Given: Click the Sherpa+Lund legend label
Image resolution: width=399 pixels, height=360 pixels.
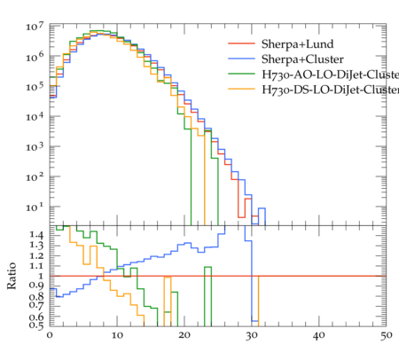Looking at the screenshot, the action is pyautogui.click(x=297, y=44).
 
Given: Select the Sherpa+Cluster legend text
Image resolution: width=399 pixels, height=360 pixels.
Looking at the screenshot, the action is pyautogui.click(x=302, y=59).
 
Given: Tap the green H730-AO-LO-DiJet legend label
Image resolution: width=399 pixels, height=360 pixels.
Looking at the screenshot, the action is pyautogui.click(x=330, y=74).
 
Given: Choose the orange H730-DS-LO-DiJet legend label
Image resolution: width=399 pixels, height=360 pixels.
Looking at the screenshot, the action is pyautogui.click(x=330, y=90).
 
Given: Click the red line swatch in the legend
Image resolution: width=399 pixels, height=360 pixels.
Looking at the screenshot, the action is pyautogui.click(x=241, y=43).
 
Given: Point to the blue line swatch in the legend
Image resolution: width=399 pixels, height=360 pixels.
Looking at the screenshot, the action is pyautogui.click(x=241, y=59).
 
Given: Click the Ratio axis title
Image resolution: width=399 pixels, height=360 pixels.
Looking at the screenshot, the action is pyautogui.click(x=12, y=276).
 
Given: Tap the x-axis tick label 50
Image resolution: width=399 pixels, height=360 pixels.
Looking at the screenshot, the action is pyautogui.click(x=386, y=336).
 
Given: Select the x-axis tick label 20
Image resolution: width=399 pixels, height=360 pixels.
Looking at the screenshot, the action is pyautogui.click(x=184, y=336).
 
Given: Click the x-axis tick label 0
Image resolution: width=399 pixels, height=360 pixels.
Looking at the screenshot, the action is pyautogui.click(x=50, y=336).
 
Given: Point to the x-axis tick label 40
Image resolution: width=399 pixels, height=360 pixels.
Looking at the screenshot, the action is pyautogui.click(x=319, y=336).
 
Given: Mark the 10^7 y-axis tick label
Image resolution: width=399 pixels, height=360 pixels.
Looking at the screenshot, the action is pyautogui.click(x=35, y=27).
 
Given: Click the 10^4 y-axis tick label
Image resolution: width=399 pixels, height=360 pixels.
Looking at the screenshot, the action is pyautogui.click(x=35, y=117).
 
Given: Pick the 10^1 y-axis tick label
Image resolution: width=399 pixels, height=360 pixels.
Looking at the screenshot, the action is pyautogui.click(x=35, y=207).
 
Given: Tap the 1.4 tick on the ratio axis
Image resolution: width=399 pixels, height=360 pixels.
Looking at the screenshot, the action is pyautogui.click(x=36, y=235).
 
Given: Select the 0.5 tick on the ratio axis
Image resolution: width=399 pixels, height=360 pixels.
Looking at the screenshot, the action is pyautogui.click(x=36, y=325).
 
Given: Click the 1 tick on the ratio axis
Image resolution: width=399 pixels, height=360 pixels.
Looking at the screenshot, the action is pyautogui.click(x=41, y=276).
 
